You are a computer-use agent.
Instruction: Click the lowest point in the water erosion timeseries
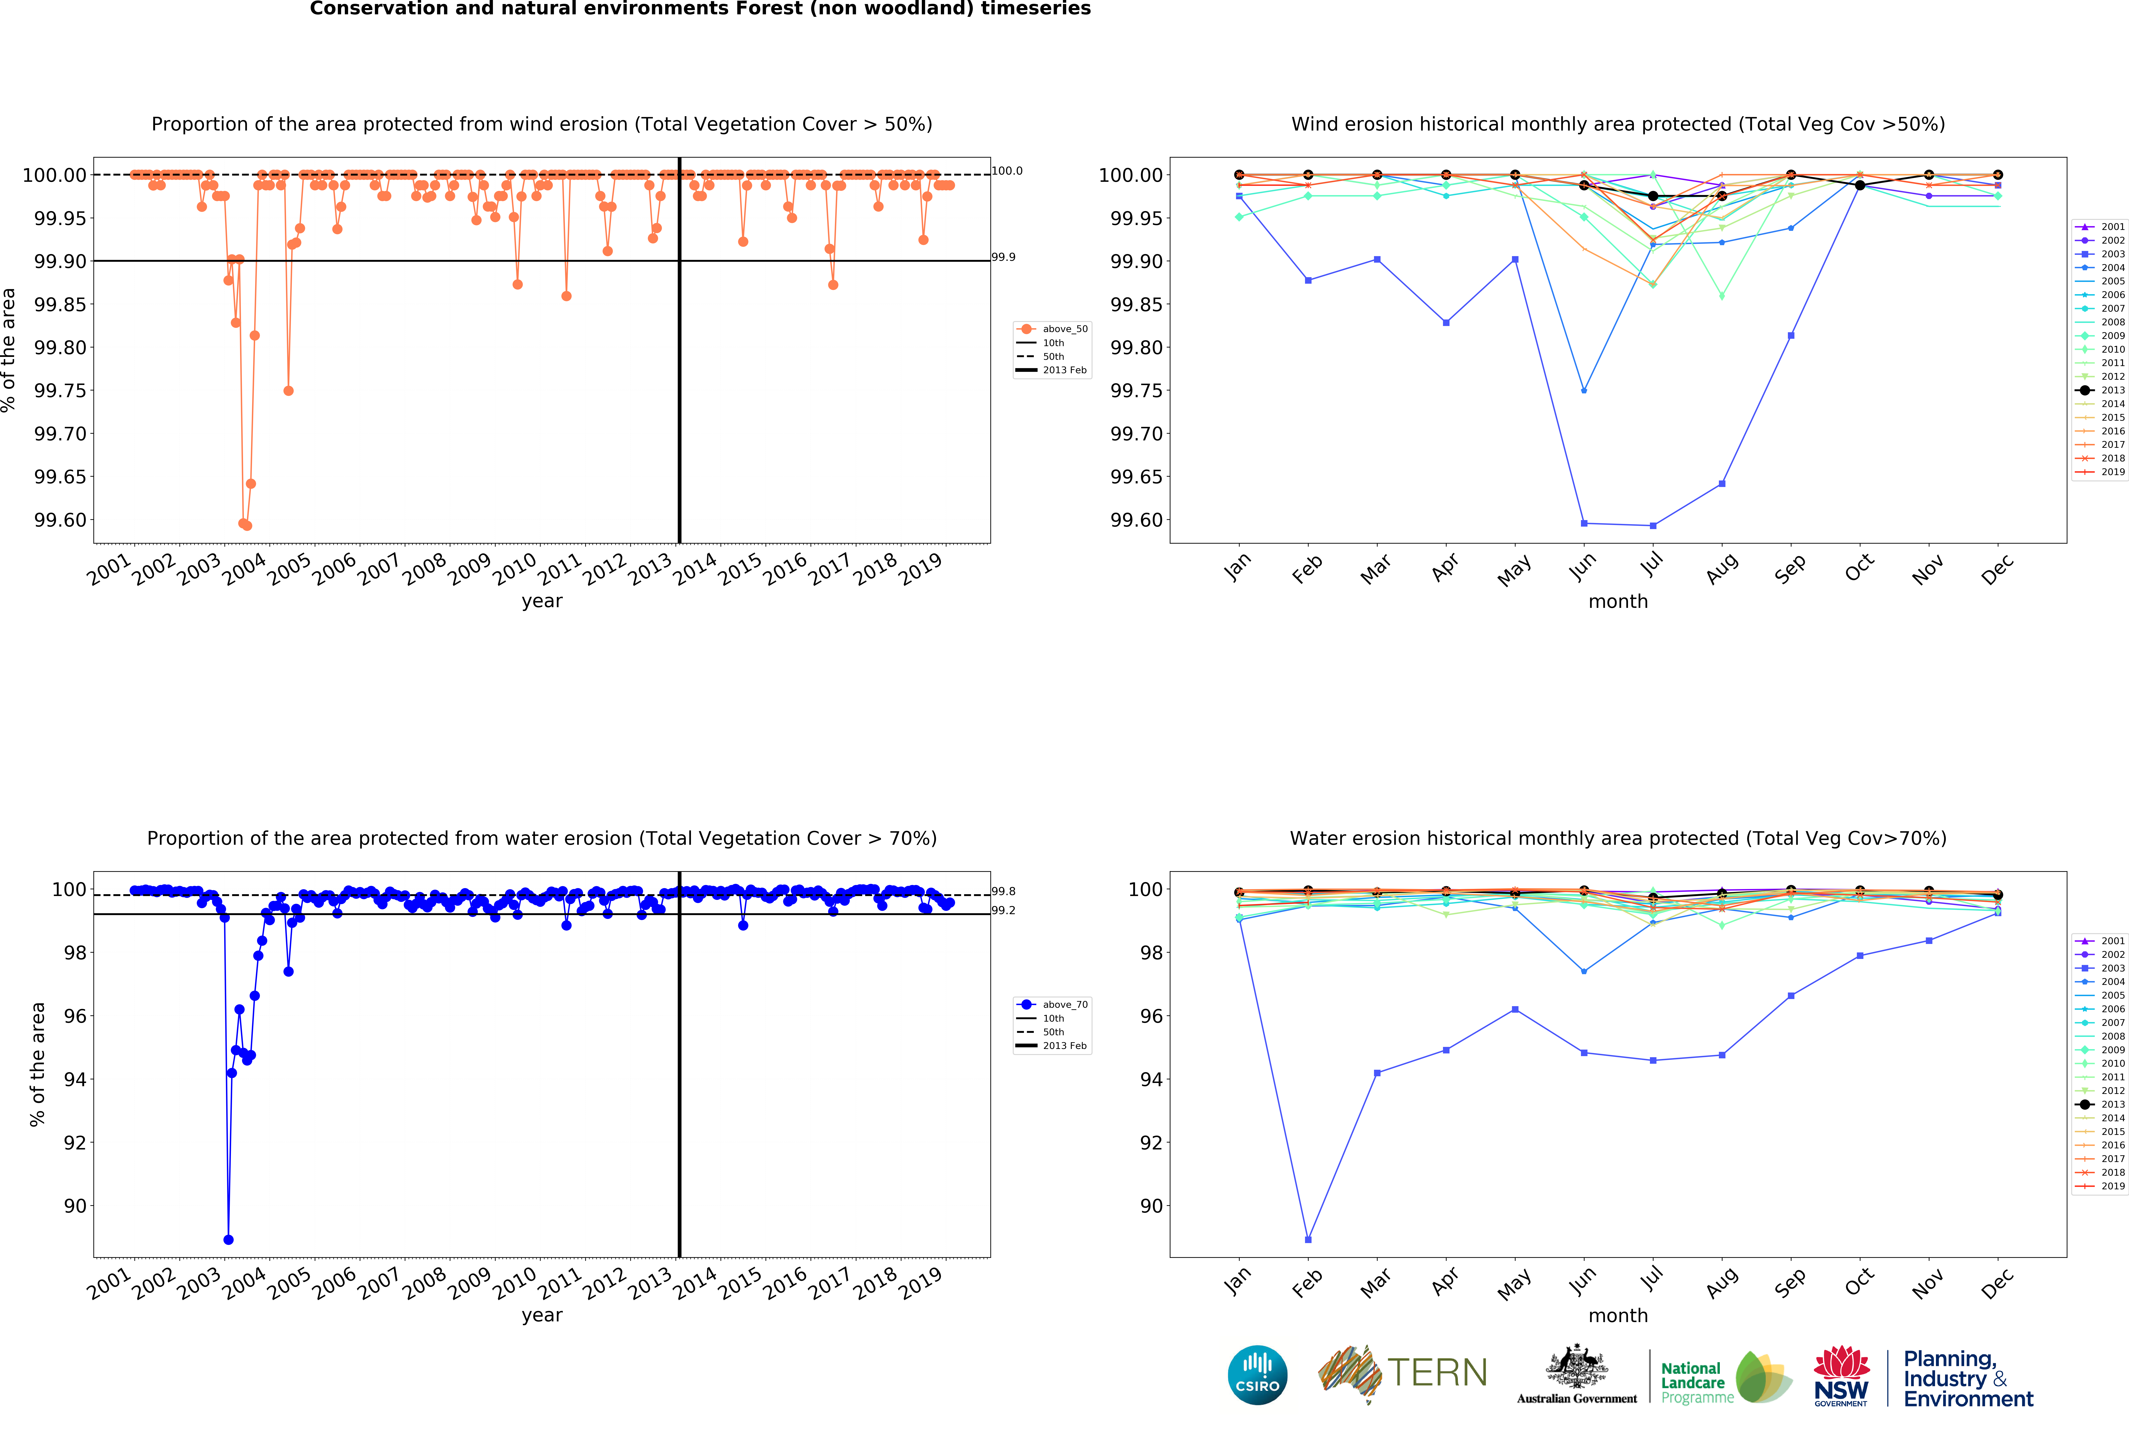pyautogui.click(x=228, y=1239)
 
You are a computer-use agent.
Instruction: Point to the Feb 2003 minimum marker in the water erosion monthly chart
pyautogui.click(x=1308, y=1239)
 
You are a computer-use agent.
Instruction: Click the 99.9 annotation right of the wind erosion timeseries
pyautogui.click(x=1003, y=257)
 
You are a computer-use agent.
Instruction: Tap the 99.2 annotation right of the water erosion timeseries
pyautogui.click(x=1003, y=910)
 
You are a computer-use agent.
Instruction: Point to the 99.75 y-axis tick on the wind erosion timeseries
pyautogui.click(x=61, y=390)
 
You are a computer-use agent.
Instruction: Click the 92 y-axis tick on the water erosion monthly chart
pyautogui.click(x=1151, y=1143)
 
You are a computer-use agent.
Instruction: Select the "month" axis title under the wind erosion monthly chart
pyautogui.click(x=1618, y=601)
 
